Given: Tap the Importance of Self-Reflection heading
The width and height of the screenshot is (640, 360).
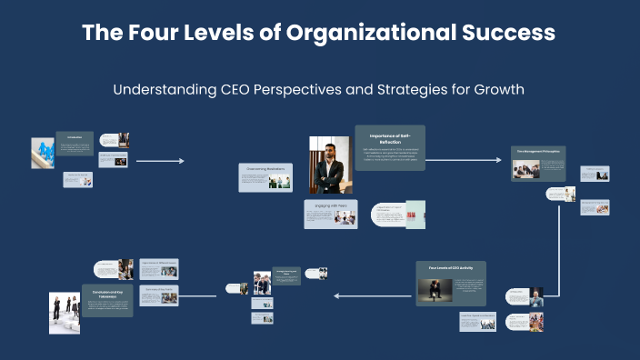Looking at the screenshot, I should (389, 136).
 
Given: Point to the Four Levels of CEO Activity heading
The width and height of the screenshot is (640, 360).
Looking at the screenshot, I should (452, 269).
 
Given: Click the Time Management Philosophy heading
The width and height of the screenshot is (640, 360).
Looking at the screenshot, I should (538, 152).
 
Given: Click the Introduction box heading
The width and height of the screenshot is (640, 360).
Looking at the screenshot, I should (74, 137).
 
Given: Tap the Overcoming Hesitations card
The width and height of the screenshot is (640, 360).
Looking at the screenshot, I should (265, 169).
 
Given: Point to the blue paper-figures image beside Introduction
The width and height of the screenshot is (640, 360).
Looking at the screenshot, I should (43, 153).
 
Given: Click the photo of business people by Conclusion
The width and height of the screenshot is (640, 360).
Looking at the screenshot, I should (65, 313).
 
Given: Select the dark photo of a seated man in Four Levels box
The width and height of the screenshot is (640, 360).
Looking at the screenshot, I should (435, 291).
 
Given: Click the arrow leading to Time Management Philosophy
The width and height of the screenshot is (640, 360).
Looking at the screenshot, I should (464, 160).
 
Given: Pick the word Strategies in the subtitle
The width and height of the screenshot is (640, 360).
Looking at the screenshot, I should (397, 91).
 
